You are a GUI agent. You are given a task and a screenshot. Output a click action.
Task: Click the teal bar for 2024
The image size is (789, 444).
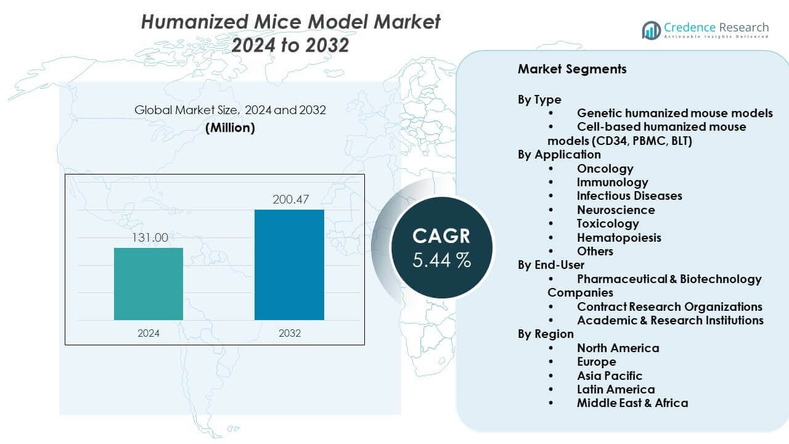(149, 284)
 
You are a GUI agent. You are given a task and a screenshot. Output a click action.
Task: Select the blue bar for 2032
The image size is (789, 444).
(289, 265)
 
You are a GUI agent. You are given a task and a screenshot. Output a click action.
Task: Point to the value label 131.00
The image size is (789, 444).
(149, 237)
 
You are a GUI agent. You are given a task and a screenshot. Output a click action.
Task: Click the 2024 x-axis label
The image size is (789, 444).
(149, 333)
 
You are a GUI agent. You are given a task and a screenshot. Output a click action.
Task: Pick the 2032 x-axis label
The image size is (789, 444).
(289, 333)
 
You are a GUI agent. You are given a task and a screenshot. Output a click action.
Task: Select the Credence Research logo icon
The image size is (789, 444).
(651, 30)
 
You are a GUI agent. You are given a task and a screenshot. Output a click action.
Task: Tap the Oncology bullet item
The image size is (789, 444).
(605, 168)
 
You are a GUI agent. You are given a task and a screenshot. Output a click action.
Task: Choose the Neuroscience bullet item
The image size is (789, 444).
(616, 210)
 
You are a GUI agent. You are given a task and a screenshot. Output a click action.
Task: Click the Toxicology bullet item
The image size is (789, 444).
(607, 223)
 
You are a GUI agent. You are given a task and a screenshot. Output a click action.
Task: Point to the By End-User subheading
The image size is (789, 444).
(551, 265)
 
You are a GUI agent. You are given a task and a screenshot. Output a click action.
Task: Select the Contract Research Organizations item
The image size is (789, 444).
(669, 306)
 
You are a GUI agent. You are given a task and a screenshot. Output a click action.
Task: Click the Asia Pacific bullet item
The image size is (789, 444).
(609, 376)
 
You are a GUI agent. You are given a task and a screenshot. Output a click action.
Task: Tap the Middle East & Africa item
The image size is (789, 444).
(632, 403)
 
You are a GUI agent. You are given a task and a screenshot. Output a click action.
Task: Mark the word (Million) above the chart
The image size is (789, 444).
(230, 128)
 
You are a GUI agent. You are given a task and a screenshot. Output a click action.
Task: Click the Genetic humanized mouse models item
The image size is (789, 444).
(674, 113)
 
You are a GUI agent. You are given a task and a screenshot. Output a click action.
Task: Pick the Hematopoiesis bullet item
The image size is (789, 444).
(619, 237)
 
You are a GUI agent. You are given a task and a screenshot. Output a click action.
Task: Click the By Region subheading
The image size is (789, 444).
(546, 334)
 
